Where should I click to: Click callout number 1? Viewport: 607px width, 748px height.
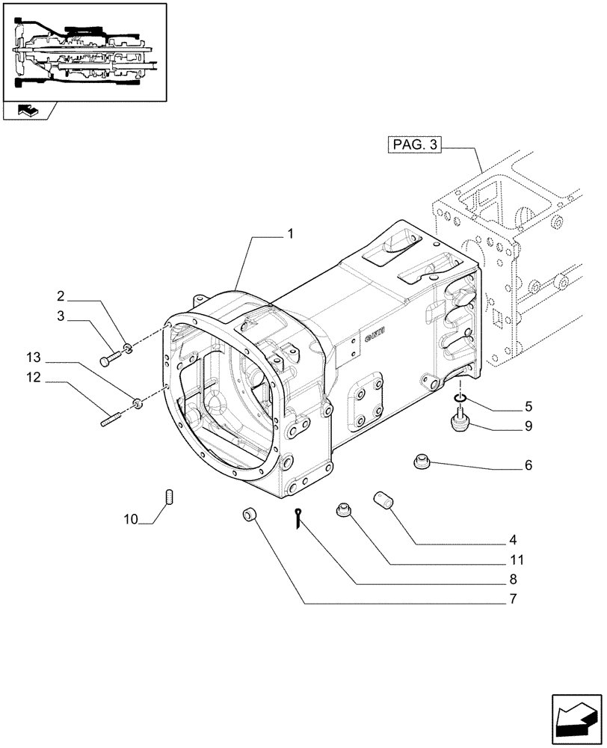point(289,234)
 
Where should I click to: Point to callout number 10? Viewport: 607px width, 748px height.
point(132,519)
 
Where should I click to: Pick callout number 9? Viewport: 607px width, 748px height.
point(529,427)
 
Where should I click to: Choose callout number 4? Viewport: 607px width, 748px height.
point(513,539)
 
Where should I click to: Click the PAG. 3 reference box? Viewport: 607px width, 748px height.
point(413,145)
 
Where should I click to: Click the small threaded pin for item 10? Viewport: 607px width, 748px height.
point(169,495)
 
